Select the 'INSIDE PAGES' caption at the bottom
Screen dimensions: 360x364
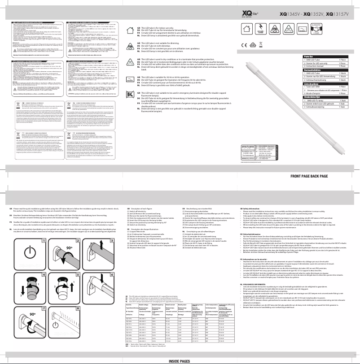pyautogui.click(x=180, y=360)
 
